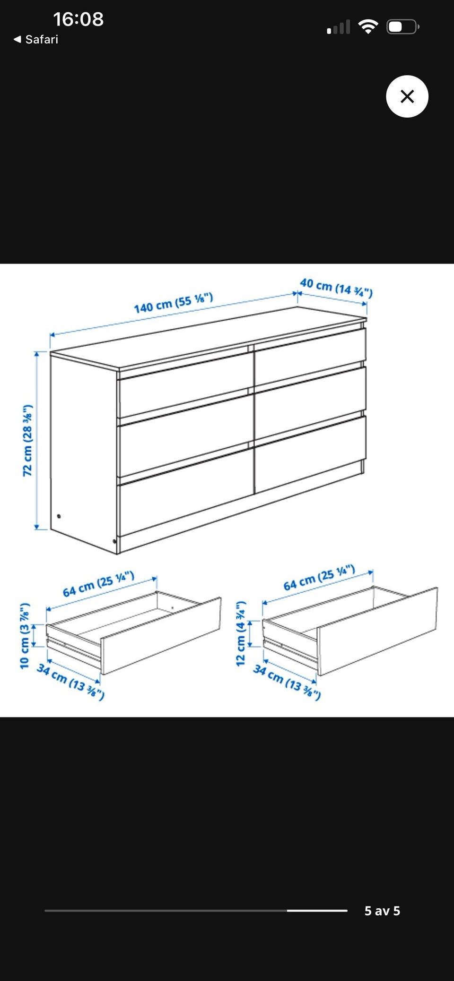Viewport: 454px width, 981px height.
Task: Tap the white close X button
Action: (407, 96)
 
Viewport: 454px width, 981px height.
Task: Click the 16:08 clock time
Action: (78, 19)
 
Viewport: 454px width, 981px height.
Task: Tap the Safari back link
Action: (36, 39)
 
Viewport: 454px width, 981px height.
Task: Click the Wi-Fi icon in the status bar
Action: (368, 26)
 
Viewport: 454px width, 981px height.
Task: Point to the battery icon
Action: (403, 26)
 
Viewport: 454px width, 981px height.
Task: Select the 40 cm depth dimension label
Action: (336, 288)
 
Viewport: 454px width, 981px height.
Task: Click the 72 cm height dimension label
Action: (28, 440)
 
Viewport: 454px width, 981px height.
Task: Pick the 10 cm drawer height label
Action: (25, 636)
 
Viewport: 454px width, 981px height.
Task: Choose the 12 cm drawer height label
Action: (241, 633)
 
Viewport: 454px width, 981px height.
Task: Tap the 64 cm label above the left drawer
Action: (99, 584)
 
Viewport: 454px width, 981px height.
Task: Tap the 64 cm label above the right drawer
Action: (319, 578)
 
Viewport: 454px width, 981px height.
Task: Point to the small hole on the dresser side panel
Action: (59, 516)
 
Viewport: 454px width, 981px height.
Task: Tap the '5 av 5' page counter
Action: (382, 911)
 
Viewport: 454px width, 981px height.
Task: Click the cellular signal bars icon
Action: (339, 27)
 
